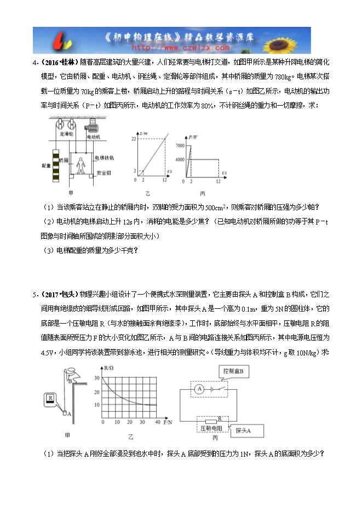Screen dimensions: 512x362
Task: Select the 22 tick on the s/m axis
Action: click(133, 140)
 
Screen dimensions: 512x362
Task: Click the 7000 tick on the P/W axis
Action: click(180, 145)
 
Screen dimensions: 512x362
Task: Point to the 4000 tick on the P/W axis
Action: click(180, 159)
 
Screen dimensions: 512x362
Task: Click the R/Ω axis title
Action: click(107, 366)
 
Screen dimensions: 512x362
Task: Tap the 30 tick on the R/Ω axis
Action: click(97, 378)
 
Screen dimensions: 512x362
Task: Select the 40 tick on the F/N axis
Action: click(158, 423)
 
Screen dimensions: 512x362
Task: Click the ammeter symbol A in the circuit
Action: click(200, 388)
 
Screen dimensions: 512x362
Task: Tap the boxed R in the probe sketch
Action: click(50, 399)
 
